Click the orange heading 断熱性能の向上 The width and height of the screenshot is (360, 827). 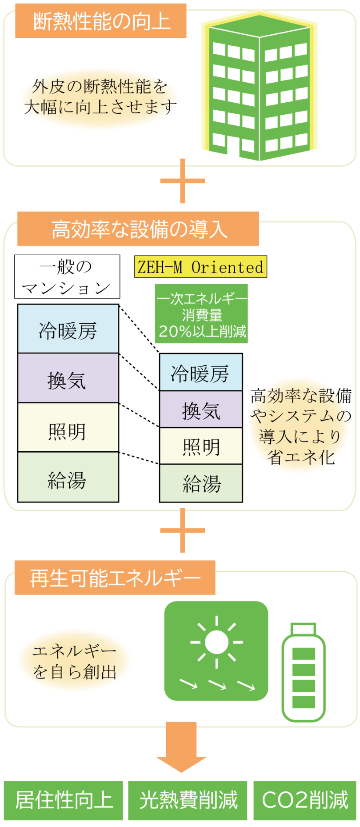100,21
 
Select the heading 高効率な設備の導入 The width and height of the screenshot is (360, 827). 138,229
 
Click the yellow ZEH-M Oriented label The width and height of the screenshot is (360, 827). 200,267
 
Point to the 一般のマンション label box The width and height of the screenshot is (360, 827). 67,277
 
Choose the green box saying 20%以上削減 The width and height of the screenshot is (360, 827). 201,314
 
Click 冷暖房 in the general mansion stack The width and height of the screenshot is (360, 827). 68,329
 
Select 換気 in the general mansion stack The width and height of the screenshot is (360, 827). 68,379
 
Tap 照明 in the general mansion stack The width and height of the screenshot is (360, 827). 68,428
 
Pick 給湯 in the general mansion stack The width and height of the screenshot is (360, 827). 68,478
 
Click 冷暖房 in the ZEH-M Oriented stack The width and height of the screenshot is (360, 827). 201,373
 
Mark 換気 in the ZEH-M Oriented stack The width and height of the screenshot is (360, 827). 201,409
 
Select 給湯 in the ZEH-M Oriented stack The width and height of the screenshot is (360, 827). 201,484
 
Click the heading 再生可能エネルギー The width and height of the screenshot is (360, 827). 115,578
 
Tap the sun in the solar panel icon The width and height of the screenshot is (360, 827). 216,642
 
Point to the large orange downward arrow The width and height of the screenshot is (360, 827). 181,747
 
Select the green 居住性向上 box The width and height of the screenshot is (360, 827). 64,800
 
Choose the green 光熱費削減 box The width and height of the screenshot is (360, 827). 188,800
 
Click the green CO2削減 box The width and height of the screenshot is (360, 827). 305,800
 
